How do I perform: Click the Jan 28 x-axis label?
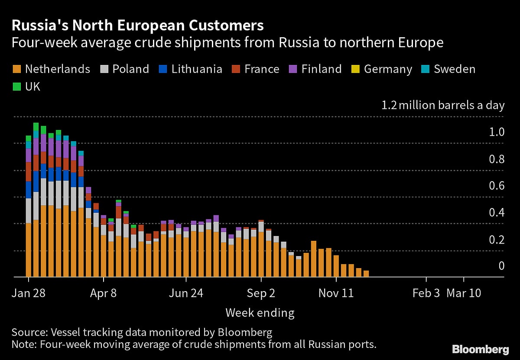point(28,293)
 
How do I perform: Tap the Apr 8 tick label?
point(103,293)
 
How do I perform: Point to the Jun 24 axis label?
point(186,293)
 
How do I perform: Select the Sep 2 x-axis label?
point(261,293)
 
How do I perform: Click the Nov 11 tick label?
point(336,293)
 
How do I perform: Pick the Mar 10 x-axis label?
point(464,293)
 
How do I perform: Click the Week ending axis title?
point(260,313)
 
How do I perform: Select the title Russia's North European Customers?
point(137,26)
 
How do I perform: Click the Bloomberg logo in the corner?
point(481,349)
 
